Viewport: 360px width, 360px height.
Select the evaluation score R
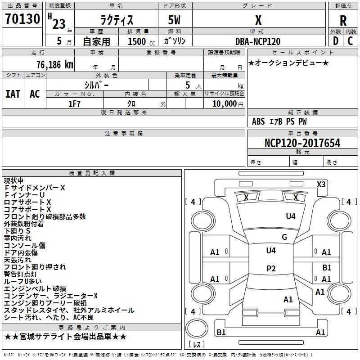(343, 21)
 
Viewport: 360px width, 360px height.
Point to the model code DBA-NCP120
(258, 41)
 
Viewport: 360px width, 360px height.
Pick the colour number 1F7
(74, 103)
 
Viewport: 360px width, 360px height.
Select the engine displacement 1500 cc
(140, 41)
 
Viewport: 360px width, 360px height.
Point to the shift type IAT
(13, 94)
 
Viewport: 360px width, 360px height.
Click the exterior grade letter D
(335, 41)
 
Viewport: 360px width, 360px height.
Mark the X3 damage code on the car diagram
(321, 184)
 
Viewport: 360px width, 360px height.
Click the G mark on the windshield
(284, 237)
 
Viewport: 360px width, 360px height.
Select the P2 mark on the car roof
(271, 269)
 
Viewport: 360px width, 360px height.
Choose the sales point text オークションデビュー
(288, 63)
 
